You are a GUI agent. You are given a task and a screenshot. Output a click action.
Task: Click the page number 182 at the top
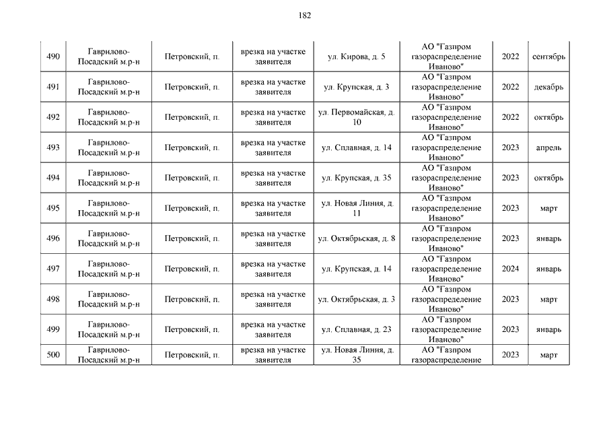point(304,15)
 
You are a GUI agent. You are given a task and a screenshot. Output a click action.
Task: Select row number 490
point(53,57)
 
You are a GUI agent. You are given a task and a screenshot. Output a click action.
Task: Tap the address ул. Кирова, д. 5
point(356,57)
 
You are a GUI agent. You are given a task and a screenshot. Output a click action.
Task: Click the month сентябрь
point(548,57)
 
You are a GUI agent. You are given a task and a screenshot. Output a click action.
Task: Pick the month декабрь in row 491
point(548,87)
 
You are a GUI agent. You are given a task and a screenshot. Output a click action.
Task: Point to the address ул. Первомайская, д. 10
point(356,117)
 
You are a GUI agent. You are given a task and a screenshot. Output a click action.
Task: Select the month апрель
point(548,147)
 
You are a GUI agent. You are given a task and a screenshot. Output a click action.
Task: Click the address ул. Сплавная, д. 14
point(356,147)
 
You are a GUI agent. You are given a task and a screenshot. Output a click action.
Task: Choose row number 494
point(53,178)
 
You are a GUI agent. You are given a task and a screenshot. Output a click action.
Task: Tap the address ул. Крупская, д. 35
point(356,178)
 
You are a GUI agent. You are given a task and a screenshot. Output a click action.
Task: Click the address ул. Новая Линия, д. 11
point(356,208)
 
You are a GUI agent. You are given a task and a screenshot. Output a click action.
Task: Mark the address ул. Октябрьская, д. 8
point(356,238)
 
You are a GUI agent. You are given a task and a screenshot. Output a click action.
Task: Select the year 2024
point(510,269)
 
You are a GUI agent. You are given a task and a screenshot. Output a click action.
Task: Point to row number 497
point(53,269)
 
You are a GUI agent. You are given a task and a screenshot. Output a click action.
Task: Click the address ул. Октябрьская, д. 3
point(356,299)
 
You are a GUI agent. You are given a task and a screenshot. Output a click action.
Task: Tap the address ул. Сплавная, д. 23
point(356,329)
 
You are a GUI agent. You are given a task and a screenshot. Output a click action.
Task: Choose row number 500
point(53,355)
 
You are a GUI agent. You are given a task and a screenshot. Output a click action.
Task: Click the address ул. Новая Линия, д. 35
point(356,355)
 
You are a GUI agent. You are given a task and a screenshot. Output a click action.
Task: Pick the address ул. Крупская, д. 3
point(356,87)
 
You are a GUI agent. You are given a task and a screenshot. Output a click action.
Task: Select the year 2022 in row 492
point(510,117)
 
